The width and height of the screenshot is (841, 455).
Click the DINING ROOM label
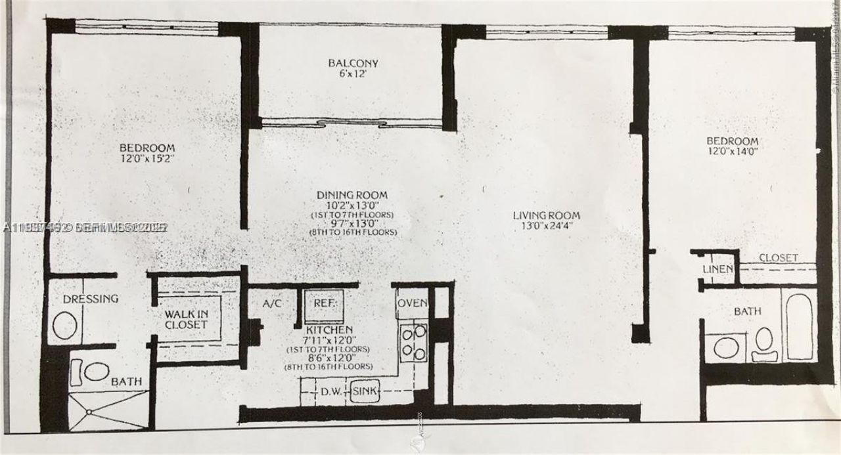352,195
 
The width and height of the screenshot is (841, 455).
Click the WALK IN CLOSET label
186,319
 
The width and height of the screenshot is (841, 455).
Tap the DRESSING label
91,299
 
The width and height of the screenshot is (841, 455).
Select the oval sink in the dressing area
64,325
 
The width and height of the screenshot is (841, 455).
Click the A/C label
271,304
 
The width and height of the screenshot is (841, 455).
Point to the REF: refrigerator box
324,305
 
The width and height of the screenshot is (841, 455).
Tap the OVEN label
413,303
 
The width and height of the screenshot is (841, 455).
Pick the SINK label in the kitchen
365,392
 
